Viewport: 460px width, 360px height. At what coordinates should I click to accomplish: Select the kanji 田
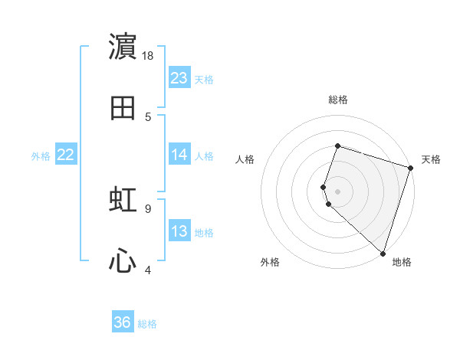point(123,108)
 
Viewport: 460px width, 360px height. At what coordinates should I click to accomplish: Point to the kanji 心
point(123,262)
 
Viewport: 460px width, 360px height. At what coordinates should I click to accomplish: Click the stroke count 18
point(149,56)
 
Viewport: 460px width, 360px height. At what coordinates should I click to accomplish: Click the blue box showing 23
point(179,78)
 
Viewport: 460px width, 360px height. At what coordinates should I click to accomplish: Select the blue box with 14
point(179,155)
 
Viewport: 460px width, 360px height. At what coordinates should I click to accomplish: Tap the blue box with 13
point(179,231)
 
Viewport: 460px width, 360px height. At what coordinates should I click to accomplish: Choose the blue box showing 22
point(66,155)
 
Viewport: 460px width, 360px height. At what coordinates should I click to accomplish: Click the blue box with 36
point(123,322)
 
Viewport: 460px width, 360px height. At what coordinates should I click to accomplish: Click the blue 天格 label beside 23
point(204,80)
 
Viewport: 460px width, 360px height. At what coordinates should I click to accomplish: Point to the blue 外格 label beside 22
point(41,156)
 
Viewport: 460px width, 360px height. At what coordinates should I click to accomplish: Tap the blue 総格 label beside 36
point(147,324)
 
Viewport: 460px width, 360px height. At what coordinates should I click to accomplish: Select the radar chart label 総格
point(338,100)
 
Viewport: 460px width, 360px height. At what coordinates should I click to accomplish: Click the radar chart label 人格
point(245,159)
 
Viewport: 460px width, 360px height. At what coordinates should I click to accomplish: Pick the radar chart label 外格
point(270,262)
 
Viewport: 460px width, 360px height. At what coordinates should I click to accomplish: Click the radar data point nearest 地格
point(383,254)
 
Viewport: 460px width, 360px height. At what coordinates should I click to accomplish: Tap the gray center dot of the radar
point(338,191)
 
